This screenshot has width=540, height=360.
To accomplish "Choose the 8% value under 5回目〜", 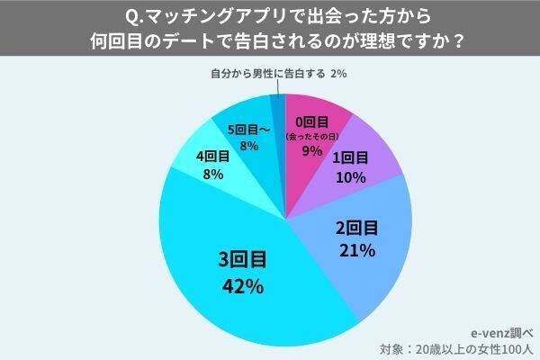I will pyautogui.click(x=249, y=146).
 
